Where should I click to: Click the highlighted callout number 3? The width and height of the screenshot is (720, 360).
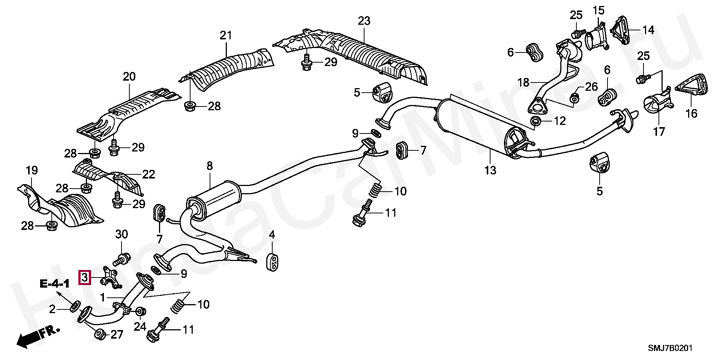click(84, 278)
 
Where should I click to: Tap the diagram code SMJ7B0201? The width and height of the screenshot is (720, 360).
click(670, 348)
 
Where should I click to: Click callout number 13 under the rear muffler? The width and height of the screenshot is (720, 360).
click(490, 170)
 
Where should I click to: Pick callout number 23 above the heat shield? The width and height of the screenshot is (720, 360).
click(364, 21)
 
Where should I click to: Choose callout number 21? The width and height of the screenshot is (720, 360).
click(226, 36)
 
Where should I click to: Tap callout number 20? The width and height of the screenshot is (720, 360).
click(129, 77)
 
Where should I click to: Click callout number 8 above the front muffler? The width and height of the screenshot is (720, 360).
click(209, 166)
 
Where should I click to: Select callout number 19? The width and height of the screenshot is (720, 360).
click(32, 171)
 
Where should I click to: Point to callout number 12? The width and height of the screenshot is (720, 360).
click(559, 121)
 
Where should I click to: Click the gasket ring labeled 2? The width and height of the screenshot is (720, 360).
click(75, 306)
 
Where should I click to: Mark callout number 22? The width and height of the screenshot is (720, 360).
click(148, 174)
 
